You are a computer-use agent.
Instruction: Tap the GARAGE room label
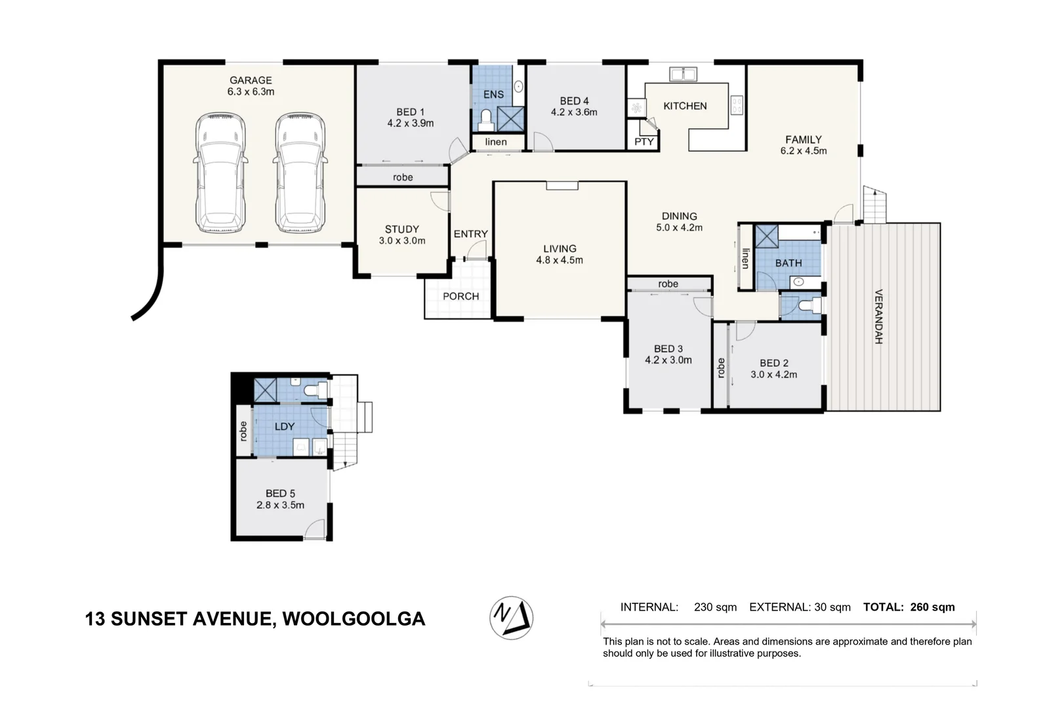[x=251, y=80]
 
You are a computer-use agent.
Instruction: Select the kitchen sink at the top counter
[x=682, y=74]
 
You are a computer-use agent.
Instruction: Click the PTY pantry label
[x=644, y=142]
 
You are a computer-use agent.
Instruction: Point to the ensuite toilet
[x=486, y=119]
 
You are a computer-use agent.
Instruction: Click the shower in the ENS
[x=510, y=119]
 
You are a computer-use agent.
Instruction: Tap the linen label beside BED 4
[x=496, y=142]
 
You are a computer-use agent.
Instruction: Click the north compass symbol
[x=511, y=618]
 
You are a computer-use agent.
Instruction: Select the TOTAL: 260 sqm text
[x=909, y=607]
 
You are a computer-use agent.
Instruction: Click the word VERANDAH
[x=878, y=316]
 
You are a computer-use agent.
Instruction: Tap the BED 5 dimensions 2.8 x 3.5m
[x=280, y=505]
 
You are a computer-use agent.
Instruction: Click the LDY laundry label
[x=284, y=427]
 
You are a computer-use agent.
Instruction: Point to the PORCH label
[x=460, y=297]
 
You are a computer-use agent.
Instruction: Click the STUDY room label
[x=401, y=229]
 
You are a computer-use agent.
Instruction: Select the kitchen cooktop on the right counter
[x=737, y=105]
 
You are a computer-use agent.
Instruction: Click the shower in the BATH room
[x=766, y=236]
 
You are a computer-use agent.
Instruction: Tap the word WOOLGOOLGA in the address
[x=354, y=619]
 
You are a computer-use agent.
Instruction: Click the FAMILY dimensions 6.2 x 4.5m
[x=804, y=151]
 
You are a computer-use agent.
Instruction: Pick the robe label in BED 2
[x=721, y=367]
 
